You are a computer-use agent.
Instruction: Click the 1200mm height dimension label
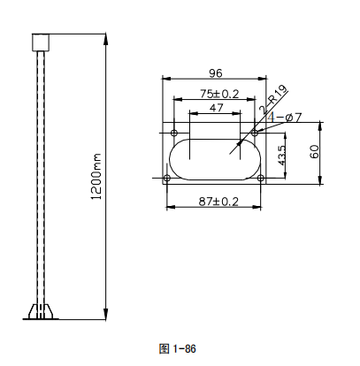[97, 176]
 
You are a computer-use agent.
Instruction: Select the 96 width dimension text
[214, 72]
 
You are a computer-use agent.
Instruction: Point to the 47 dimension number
[216, 107]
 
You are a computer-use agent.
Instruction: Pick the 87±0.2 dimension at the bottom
[215, 202]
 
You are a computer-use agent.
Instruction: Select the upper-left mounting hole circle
[173, 133]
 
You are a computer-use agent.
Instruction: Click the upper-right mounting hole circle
[255, 133]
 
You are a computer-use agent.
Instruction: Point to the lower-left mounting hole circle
[167, 179]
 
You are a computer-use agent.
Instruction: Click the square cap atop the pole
[38, 42]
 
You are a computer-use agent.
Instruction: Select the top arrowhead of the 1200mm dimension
[106, 37]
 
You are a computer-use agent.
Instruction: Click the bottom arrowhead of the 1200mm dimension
[106, 314]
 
